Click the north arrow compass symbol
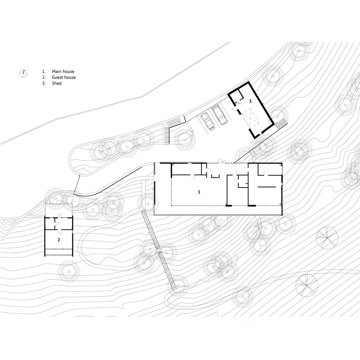point(23,73)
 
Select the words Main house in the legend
point(63,72)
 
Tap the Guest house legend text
point(64,77)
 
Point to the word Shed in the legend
point(57,83)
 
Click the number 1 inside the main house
point(199,192)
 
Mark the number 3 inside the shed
point(250,101)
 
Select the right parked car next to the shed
point(220,114)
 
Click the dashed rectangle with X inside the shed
point(251,118)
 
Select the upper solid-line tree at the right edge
point(327,238)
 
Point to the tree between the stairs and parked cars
point(185,137)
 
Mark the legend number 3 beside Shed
point(44,83)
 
